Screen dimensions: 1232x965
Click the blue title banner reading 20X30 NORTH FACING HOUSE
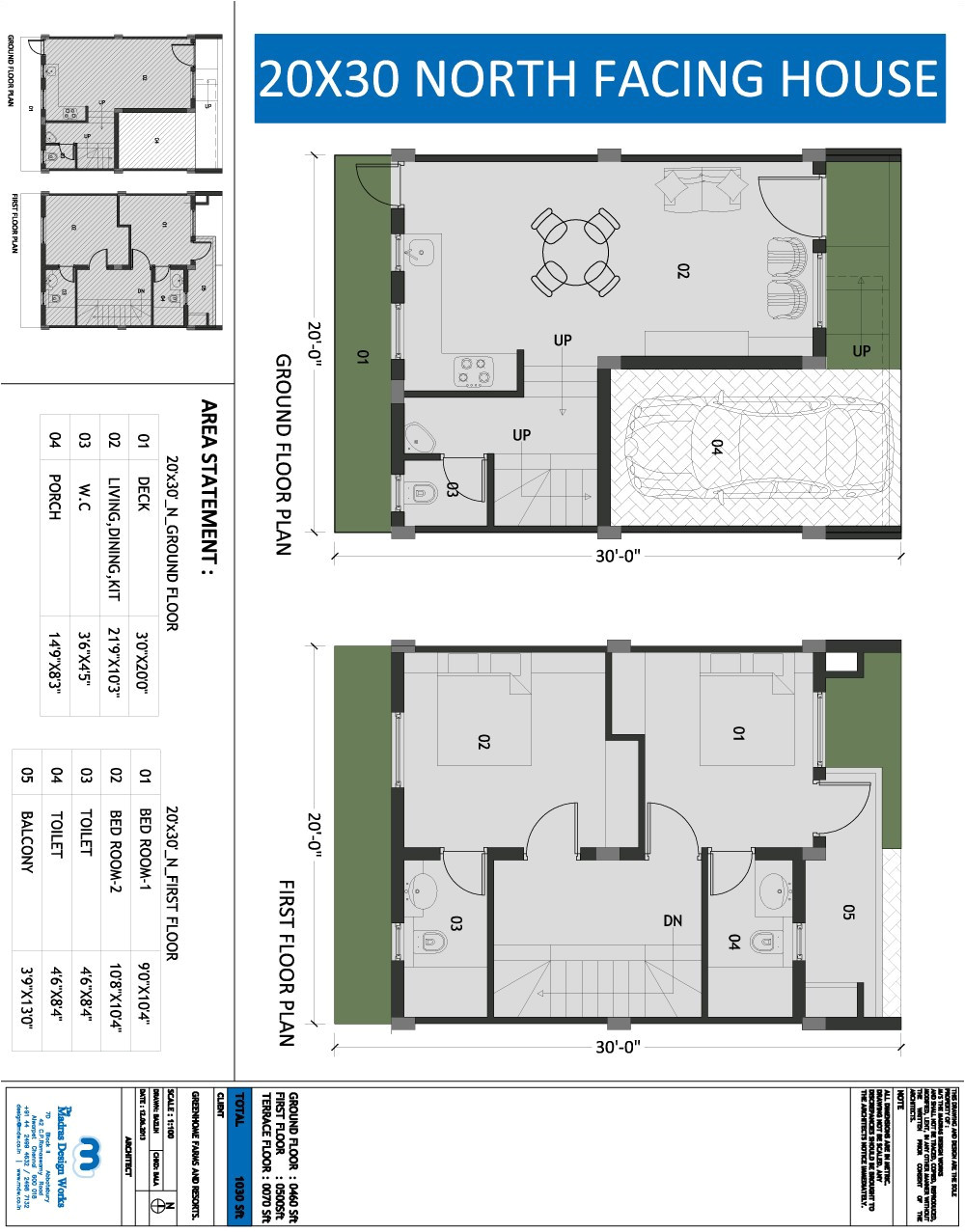597,79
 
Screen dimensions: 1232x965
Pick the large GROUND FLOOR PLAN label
284,453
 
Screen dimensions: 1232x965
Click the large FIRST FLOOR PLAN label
286,962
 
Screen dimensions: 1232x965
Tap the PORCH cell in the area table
54,497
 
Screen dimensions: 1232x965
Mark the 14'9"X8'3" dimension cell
54,666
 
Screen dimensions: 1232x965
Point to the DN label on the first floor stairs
673,921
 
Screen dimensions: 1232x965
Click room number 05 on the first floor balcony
848,912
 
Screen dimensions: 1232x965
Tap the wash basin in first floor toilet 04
771,886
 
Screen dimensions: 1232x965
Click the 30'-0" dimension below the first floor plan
618,1047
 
